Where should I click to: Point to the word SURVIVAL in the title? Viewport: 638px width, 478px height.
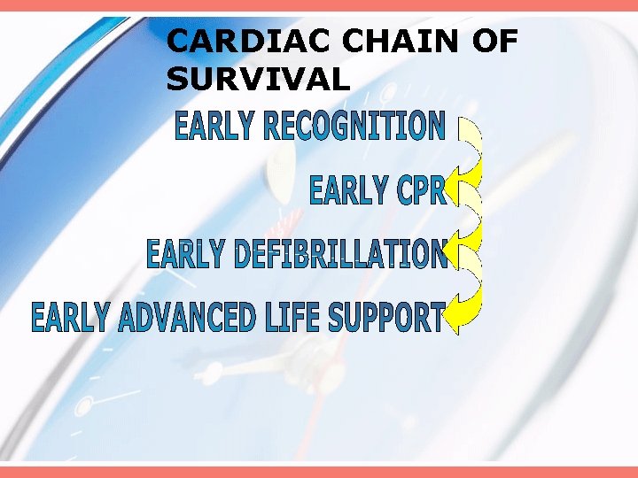click(x=258, y=81)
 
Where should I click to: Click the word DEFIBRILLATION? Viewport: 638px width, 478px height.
click(x=341, y=254)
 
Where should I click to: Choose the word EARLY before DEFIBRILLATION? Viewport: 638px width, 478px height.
click(x=184, y=254)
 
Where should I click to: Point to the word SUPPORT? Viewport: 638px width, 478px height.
click(x=386, y=318)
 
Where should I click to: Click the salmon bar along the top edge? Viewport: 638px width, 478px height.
click(x=319, y=5)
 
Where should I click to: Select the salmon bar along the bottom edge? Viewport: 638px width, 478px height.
click(x=319, y=472)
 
